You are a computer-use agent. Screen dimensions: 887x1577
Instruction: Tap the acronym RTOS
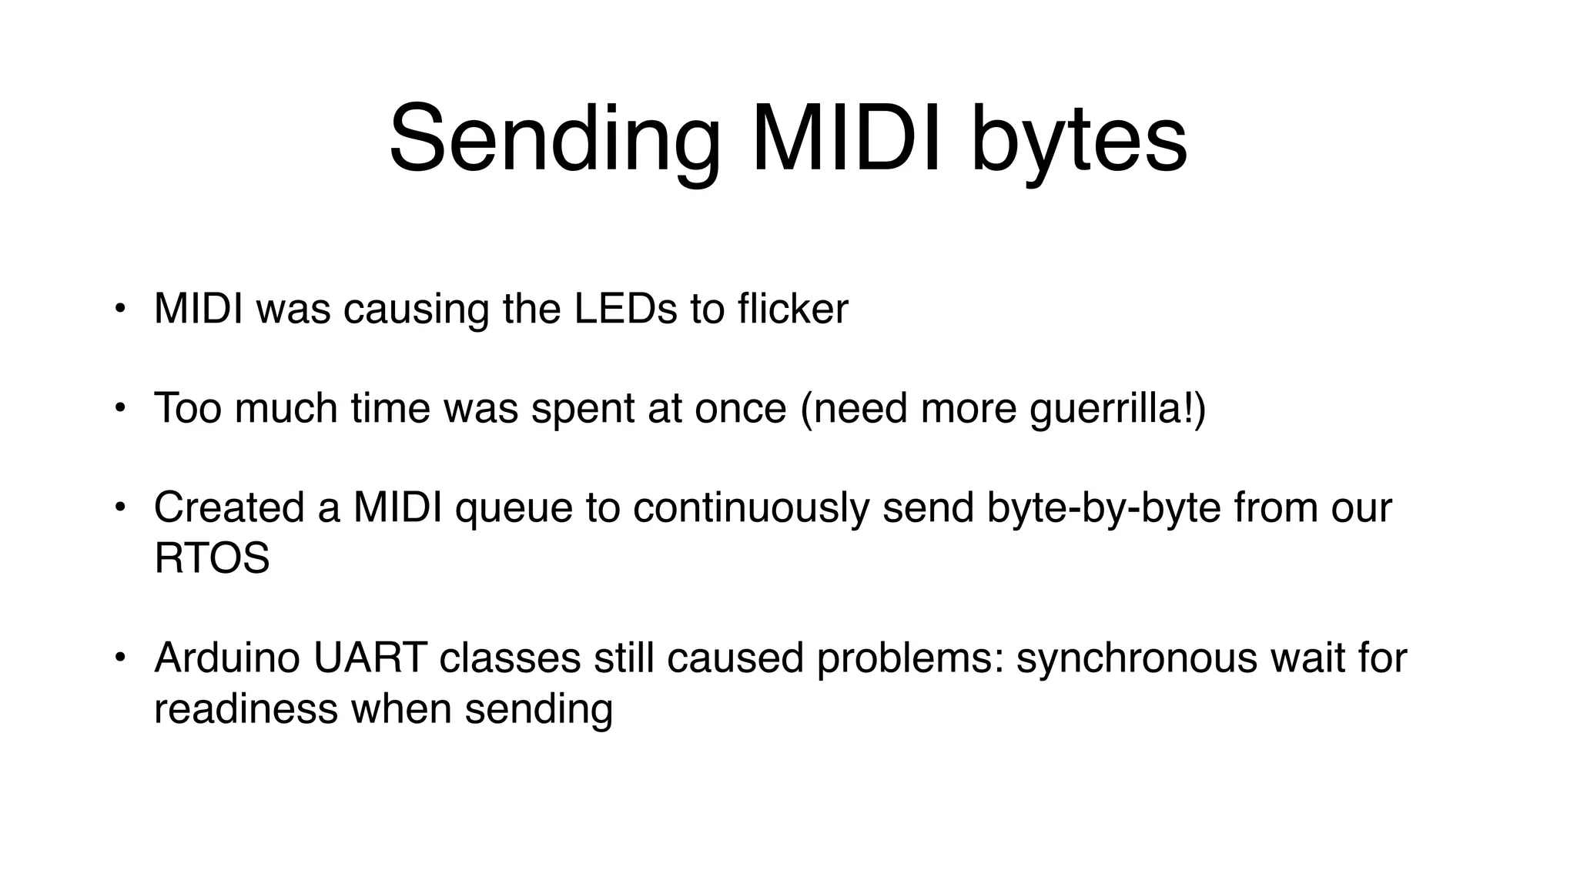[x=212, y=558]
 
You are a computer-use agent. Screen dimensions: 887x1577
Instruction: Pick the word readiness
[x=246, y=708]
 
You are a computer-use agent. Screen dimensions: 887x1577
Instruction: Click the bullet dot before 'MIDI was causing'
[x=119, y=310]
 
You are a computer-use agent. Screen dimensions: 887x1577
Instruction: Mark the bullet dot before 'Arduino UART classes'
[x=119, y=658]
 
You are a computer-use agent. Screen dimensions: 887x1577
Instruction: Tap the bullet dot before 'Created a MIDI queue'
[x=119, y=507]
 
